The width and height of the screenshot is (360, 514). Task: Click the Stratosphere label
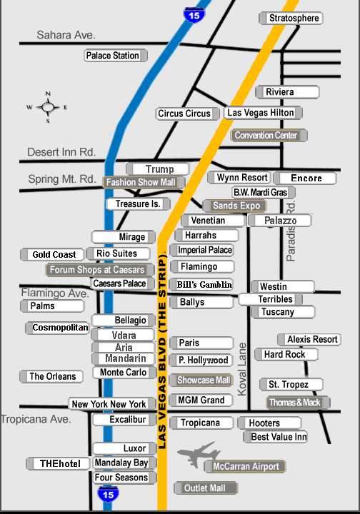[291, 18]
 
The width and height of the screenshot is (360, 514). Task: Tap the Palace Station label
[116, 56]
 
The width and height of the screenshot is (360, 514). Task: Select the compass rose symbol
[48, 107]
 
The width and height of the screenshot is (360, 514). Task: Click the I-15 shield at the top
[194, 15]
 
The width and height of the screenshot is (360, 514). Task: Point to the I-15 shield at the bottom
[108, 494]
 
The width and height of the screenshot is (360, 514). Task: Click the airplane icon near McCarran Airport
[199, 454]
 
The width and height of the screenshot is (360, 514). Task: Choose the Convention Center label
[269, 136]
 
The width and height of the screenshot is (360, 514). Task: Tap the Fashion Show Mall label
[144, 182]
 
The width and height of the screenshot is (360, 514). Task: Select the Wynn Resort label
[239, 178]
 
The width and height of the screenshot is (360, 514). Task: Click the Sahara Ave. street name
[66, 35]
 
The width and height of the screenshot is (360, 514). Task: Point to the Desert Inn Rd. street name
[61, 152]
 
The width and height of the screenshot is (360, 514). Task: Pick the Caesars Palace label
[122, 283]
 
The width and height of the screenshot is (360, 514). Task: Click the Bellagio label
[124, 321]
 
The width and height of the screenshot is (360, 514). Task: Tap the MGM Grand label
[201, 400]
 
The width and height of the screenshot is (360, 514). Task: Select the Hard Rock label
[286, 354]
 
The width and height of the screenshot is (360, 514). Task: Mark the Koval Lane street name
[241, 369]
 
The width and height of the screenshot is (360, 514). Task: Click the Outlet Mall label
[206, 488]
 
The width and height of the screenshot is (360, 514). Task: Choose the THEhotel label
[58, 463]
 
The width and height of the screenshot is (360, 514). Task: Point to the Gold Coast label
[52, 254]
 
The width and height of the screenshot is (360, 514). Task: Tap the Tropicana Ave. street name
[36, 419]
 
